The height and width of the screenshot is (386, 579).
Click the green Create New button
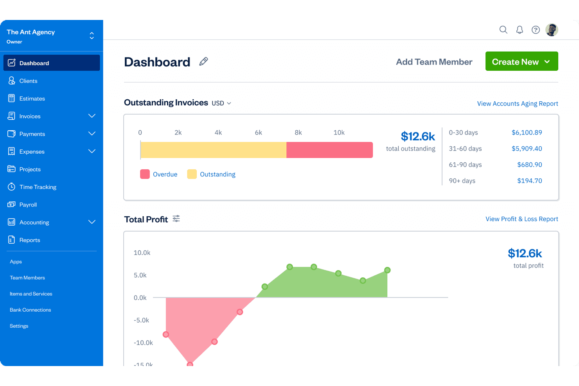coord(521,61)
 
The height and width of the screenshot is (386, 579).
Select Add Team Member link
coord(434,62)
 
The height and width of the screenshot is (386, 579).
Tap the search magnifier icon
coord(503,30)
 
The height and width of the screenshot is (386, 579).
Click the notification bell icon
coord(520,30)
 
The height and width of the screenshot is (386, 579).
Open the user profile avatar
coord(552,30)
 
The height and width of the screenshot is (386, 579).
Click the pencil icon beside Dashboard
coord(203,61)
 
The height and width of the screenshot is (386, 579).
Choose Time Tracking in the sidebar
coord(38,187)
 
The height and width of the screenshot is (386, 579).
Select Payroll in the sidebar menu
coord(28,205)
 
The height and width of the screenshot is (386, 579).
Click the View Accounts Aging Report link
coord(517,104)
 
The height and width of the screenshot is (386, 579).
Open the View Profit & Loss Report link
coord(521,219)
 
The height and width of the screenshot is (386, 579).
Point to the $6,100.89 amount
coord(527,133)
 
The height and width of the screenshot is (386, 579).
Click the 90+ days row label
coord(462,181)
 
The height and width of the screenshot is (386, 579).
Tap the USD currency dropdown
coord(221,103)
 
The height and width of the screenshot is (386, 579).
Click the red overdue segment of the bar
coord(329,150)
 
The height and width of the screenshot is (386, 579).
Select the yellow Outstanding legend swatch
coord(192,174)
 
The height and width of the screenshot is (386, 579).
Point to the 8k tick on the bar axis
coord(298,133)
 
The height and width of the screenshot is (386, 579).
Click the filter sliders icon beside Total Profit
coord(176,219)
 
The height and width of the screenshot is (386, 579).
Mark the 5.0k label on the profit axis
coord(140,275)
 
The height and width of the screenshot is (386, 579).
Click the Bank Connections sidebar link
coord(31,310)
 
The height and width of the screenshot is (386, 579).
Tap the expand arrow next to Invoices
coord(92,116)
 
